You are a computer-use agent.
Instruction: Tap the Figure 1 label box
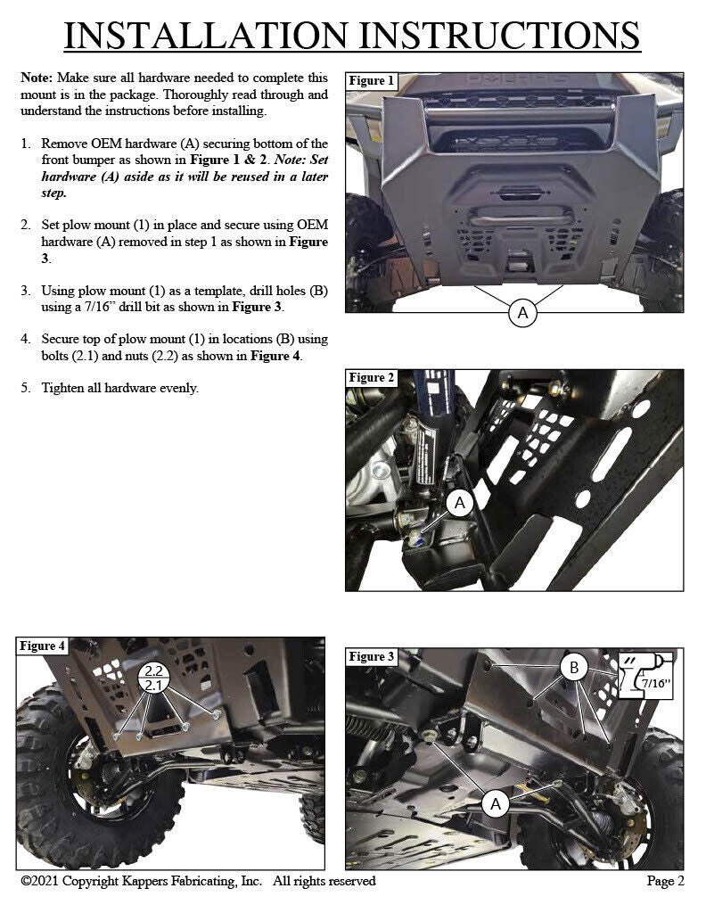pos(371,81)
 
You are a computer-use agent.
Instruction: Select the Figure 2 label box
pos(371,378)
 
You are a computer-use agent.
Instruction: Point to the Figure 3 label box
pos(371,657)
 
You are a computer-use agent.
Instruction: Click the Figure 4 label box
pos(43,646)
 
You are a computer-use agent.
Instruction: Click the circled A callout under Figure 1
pos(522,313)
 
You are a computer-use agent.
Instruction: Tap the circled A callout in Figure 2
pos(460,504)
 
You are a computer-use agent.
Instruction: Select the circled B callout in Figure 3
pos(574,668)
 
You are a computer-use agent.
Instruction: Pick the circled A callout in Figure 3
pos(496,804)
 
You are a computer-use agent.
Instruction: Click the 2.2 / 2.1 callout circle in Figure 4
pos(154,678)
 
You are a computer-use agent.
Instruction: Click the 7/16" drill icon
pos(646,677)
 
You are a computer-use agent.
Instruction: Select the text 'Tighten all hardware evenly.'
pos(119,388)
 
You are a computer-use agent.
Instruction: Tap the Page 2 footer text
pos(665,882)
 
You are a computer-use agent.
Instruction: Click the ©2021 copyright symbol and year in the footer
pos(45,882)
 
